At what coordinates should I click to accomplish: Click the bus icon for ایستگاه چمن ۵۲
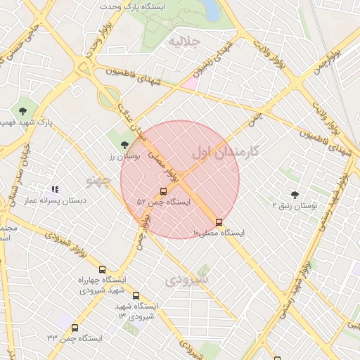(164, 191)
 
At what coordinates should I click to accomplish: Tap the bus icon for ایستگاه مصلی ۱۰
(219, 222)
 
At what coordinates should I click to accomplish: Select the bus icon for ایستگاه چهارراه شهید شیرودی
(103, 269)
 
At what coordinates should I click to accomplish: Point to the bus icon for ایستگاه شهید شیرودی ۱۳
(136, 295)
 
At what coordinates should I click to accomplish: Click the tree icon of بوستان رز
(124, 144)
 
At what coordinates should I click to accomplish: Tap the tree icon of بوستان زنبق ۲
(294, 194)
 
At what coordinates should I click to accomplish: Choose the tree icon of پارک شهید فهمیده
(23, 110)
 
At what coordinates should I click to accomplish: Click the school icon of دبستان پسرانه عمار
(55, 189)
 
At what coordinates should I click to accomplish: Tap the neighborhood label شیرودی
(188, 280)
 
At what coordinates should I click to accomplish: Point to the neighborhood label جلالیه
(185, 42)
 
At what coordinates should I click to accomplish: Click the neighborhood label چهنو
(98, 181)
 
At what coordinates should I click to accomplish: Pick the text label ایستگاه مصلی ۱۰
(218, 233)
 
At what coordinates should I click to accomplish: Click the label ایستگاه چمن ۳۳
(74, 338)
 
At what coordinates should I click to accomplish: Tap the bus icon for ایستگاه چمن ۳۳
(75, 328)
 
